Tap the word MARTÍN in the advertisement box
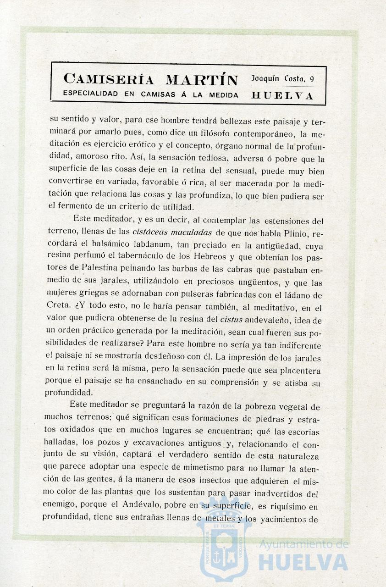(202, 80)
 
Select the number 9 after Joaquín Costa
(312, 79)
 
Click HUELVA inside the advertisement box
(282, 96)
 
